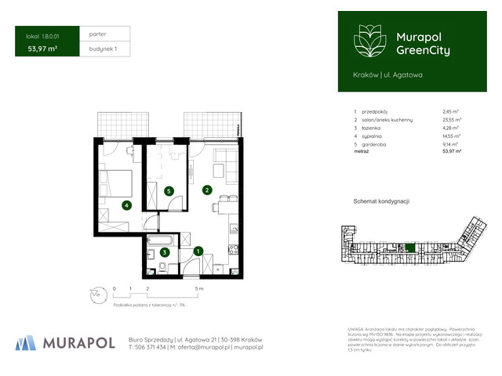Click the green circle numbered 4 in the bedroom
126,206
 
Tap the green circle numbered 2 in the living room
206,190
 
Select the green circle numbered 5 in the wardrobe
169,190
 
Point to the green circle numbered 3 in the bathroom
164,252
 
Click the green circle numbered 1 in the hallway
198,251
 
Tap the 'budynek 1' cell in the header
104,49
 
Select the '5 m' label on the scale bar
201,289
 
